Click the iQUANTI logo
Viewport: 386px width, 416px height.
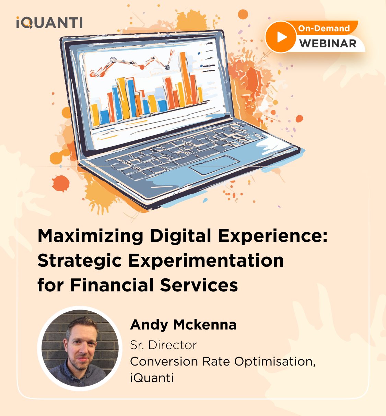tap(49, 22)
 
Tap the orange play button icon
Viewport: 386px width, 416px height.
tap(281, 37)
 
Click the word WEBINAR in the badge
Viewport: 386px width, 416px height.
tap(328, 44)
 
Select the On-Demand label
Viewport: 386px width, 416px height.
tap(324, 28)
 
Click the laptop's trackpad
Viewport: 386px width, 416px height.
tap(214, 165)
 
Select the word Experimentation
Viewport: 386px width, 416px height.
tap(206, 261)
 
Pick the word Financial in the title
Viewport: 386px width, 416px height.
tap(112, 285)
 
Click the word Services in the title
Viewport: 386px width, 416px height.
tap(199, 285)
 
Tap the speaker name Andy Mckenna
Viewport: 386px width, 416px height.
tap(183, 325)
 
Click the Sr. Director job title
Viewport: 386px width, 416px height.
tap(163, 345)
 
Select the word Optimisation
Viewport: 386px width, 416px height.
tap(274, 362)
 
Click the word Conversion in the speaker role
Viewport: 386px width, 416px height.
tap(164, 361)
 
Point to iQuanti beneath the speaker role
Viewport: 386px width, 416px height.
tap(152, 378)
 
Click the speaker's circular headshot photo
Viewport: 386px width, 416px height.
tap(80, 348)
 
